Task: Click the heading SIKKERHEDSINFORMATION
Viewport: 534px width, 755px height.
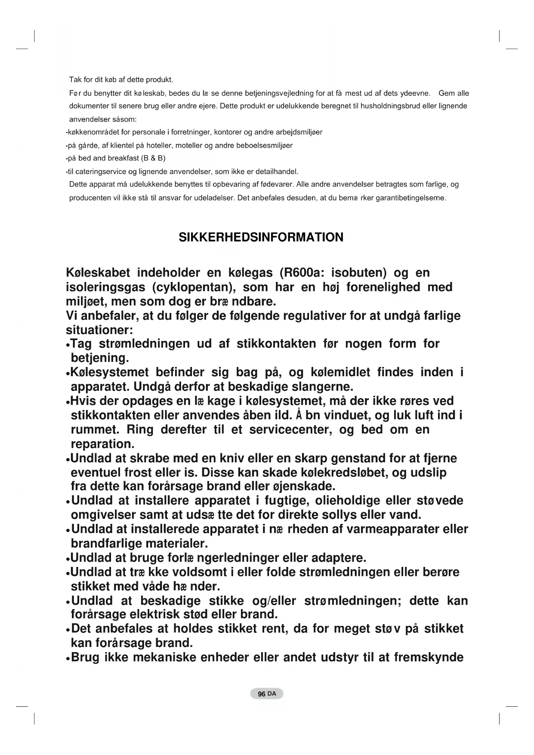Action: click(x=261, y=237)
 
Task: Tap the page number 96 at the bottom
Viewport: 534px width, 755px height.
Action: click(x=261, y=694)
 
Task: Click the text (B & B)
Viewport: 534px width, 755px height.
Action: click(x=153, y=158)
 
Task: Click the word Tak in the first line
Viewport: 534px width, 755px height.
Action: click(x=75, y=80)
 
